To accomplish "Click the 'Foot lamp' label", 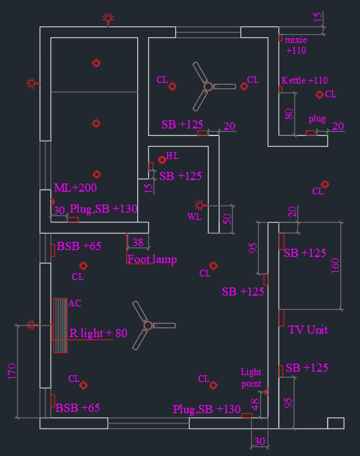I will (x=151, y=259).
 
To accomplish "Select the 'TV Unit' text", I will (x=308, y=330).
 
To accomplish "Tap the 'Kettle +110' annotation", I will (x=305, y=80).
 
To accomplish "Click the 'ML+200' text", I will (x=75, y=188).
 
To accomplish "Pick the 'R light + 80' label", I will (x=98, y=333).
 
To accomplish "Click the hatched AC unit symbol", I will (x=60, y=326).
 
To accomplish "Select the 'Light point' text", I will (x=251, y=378).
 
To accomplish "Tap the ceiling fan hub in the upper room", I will (x=208, y=86).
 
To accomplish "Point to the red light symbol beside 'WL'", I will (x=199, y=205).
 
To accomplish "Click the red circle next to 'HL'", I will (x=162, y=160).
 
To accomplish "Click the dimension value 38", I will (x=138, y=242).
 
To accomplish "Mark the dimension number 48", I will (x=255, y=404).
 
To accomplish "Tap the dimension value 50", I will (x=227, y=220).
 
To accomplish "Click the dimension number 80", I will (x=289, y=113).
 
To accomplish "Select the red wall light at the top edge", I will (x=109, y=19).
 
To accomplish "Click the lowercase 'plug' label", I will (x=317, y=119).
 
